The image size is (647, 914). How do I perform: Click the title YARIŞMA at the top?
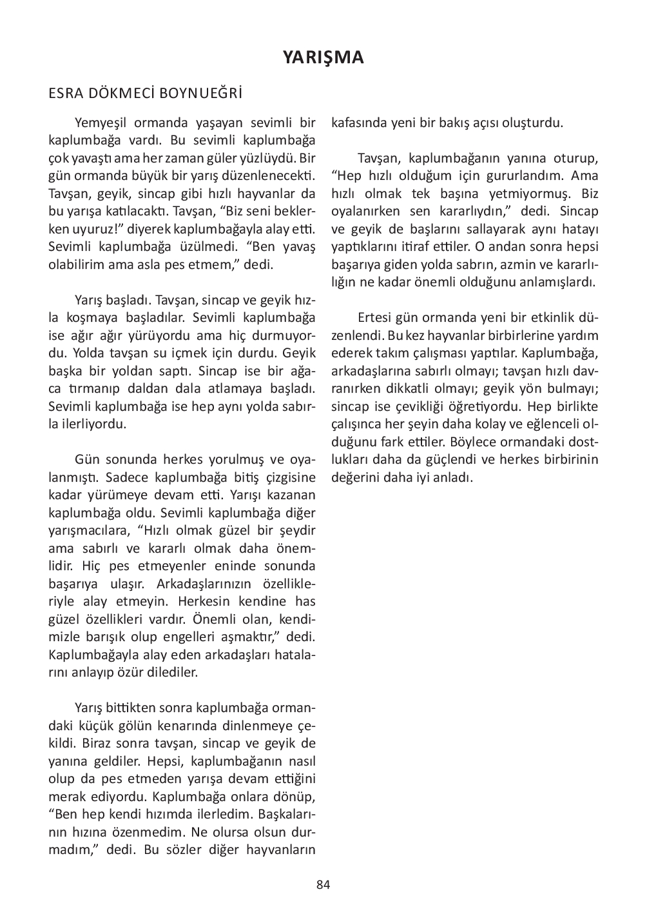pyautogui.click(x=323, y=57)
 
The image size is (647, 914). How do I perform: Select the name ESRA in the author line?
pyautogui.click(x=66, y=94)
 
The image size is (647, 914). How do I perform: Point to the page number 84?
pyautogui.click(x=323, y=884)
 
